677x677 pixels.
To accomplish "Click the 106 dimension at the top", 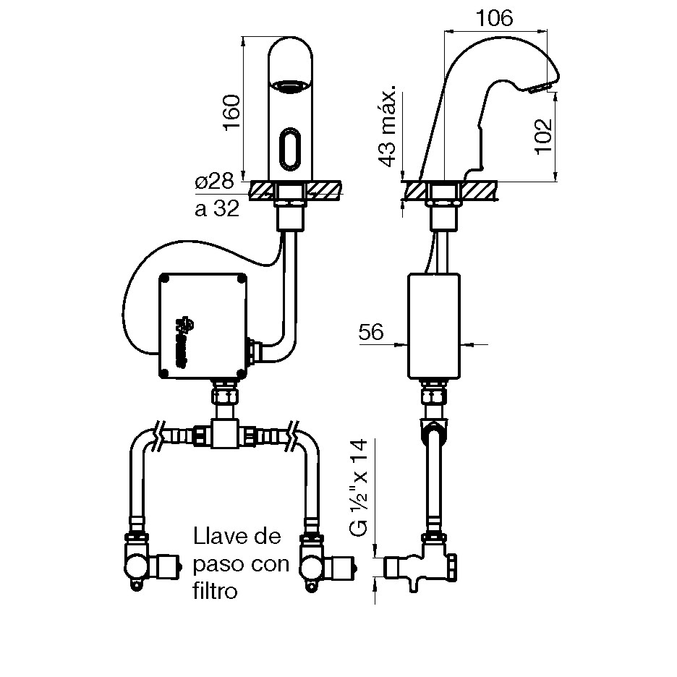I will point(496,19).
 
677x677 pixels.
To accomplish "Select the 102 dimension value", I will point(544,135).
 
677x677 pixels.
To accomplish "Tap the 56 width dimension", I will point(370,332).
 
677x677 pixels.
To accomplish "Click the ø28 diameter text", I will point(214,182).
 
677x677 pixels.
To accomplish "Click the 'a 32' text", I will point(217,210).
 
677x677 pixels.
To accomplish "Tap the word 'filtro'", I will point(215,591).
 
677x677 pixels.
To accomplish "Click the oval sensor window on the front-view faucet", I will point(291,148).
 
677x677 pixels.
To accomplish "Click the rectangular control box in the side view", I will point(433,325).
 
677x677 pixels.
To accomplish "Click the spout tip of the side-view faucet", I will point(539,88).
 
